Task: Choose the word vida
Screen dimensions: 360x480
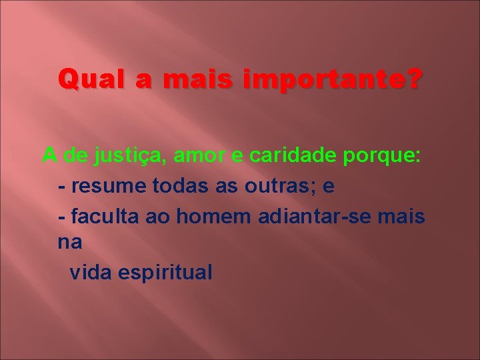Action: [90, 272]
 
